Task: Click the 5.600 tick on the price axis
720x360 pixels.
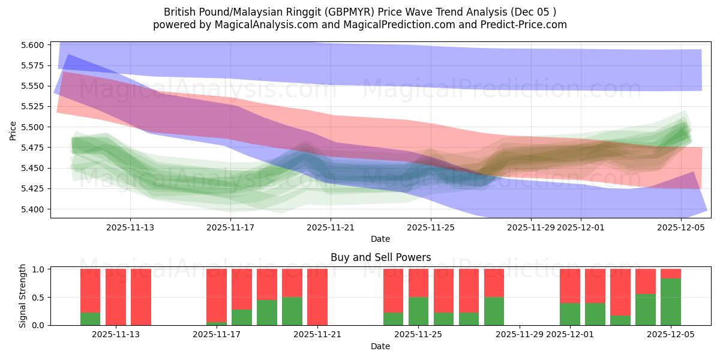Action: point(33,45)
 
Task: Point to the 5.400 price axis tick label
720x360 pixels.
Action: point(33,209)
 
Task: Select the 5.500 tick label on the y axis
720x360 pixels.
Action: point(33,127)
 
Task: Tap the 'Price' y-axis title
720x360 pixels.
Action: point(13,130)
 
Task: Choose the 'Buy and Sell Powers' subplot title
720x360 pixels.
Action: point(380,257)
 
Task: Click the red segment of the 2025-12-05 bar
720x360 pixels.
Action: point(671,274)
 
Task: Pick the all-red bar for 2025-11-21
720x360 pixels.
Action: point(317,297)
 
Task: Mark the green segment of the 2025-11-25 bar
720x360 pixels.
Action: point(418,311)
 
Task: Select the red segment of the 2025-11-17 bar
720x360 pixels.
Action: point(217,295)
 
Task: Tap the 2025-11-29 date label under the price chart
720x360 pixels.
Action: point(530,227)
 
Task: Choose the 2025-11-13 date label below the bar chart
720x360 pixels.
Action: point(116,334)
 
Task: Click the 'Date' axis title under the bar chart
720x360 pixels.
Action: point(380,346)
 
